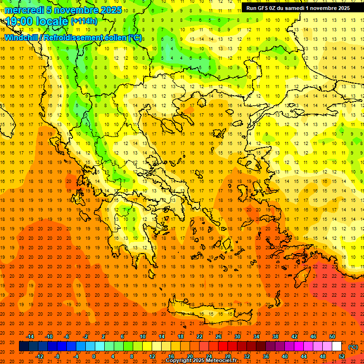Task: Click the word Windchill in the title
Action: pyautogui.click(x=21, y=38)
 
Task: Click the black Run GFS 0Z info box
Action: pyautogui.click(x=298, y=8)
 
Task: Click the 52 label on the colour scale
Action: pyautogui.click(x=342, y=356)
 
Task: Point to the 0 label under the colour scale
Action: pyautogui.click(x=94, y=356)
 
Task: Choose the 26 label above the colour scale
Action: pyautogui.click(x=218, y=336)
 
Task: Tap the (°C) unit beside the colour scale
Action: pyautogui.click(x=353, y=346)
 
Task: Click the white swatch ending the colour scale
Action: pyautogui.click(x=337, y=346)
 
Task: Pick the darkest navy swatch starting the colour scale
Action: pyautogui.click(x=24, y=346)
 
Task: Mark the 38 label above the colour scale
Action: pyautogui.click(x=275, y=336)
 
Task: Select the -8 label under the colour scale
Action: pyautogui.click(x=57, y=356)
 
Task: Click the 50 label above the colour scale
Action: pyautogui.click(x=332, y=336)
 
